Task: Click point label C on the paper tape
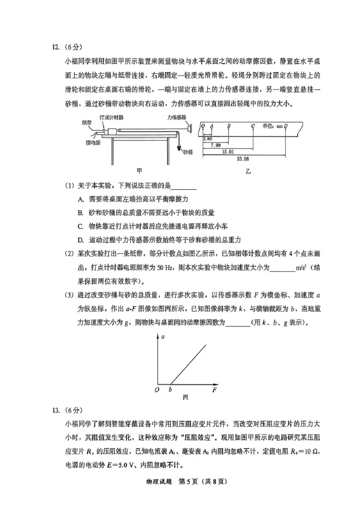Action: (x=253, y=126)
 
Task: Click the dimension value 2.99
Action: (x=207, y=138)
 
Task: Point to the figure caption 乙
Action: (x=248, y=171)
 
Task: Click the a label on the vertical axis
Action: (x=163, y=336)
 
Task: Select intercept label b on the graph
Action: (x=171, y=390)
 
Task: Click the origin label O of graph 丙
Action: (x=157, y=390)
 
